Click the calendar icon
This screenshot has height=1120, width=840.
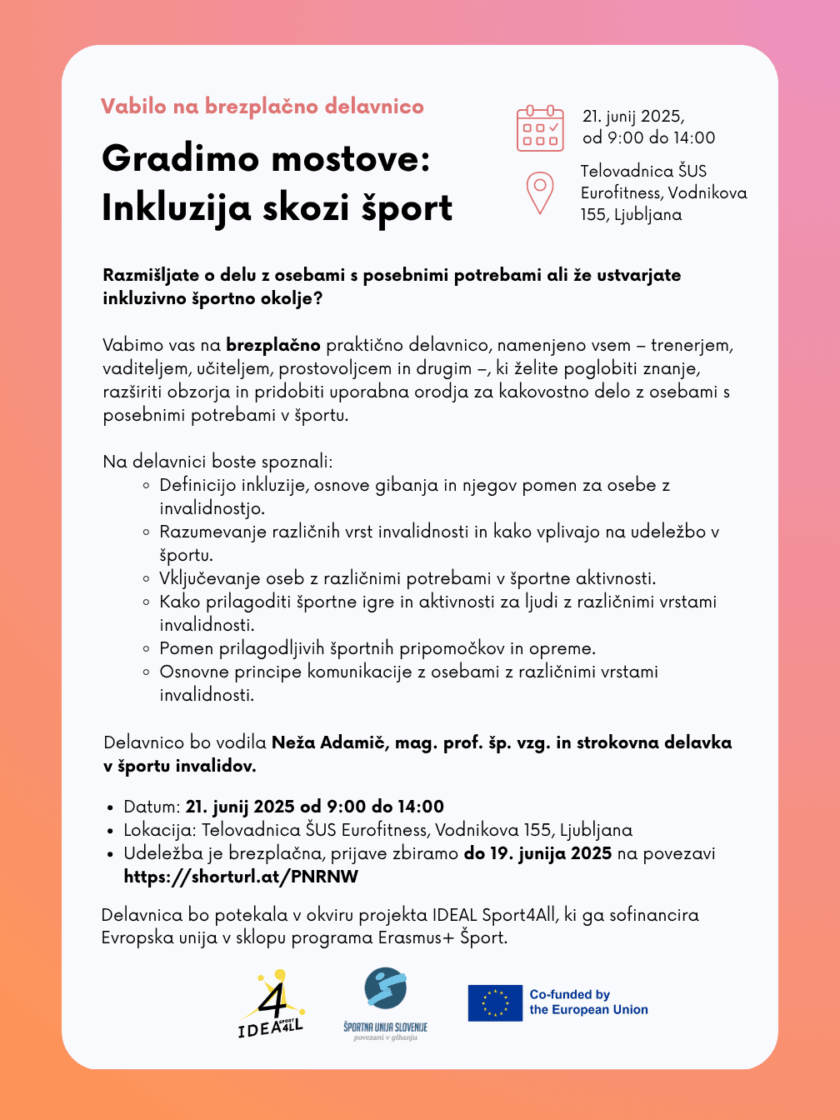coord(540,128)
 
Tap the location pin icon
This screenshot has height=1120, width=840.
coord(540,192)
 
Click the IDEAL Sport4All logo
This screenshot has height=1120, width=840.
coord(271,1005)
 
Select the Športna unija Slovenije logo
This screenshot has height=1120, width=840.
coord(385,1003)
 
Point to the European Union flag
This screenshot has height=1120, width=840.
coord(495,1002)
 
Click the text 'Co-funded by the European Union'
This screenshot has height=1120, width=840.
coord(588,1002)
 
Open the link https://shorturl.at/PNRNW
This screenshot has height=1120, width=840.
coord(241,877)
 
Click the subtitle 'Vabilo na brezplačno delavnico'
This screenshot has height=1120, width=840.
coord(262,107)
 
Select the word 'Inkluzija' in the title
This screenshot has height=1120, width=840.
coord(176,207)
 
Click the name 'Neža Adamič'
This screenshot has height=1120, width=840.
coord(330,742)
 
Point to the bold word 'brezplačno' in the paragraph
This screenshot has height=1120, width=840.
coord(273,345)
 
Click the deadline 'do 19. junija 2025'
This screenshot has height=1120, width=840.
coord(537,853)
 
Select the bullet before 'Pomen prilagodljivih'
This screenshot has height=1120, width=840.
coord(146,649)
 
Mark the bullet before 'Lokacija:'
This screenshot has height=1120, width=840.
coord(110,831)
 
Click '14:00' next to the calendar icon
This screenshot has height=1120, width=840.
coord(693,138)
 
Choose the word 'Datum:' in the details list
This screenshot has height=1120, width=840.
coord(152,807)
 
